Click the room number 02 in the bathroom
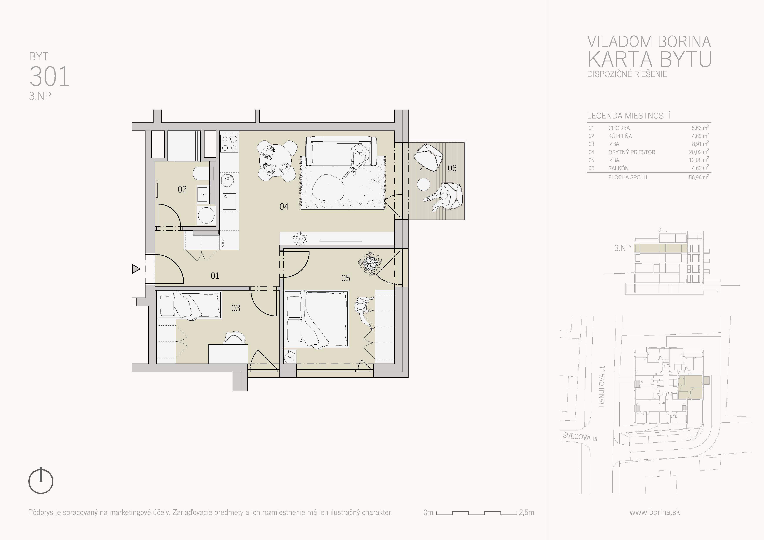point(182,189)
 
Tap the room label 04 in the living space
point(284,207)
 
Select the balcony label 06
point(452,168)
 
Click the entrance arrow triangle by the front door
point(136,269)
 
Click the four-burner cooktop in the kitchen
point(229,143)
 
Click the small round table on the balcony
point(424,184)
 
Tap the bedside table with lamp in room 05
point(290,356)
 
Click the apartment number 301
point(50,76)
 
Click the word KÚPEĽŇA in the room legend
point(620,136)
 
